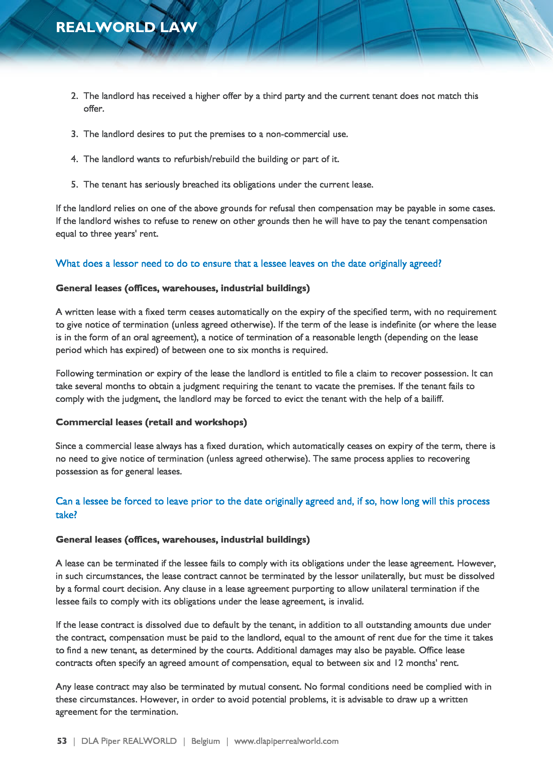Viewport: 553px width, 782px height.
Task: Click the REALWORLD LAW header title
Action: [x=126, y=27]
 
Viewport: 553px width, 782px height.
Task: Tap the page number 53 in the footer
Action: [x=62, y=741]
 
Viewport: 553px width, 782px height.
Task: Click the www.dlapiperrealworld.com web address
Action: [x=286, y=741]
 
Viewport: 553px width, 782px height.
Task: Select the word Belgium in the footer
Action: [x=205, y=741]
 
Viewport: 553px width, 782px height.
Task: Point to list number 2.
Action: [x=74, y=96]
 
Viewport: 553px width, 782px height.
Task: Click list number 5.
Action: [x=74, y=185]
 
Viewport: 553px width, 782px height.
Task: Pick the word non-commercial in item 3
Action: [x=298, y=134]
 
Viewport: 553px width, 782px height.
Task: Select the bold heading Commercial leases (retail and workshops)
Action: [x=151, y=422]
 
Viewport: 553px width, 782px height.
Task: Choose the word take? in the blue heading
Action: [x=67, y=515]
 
